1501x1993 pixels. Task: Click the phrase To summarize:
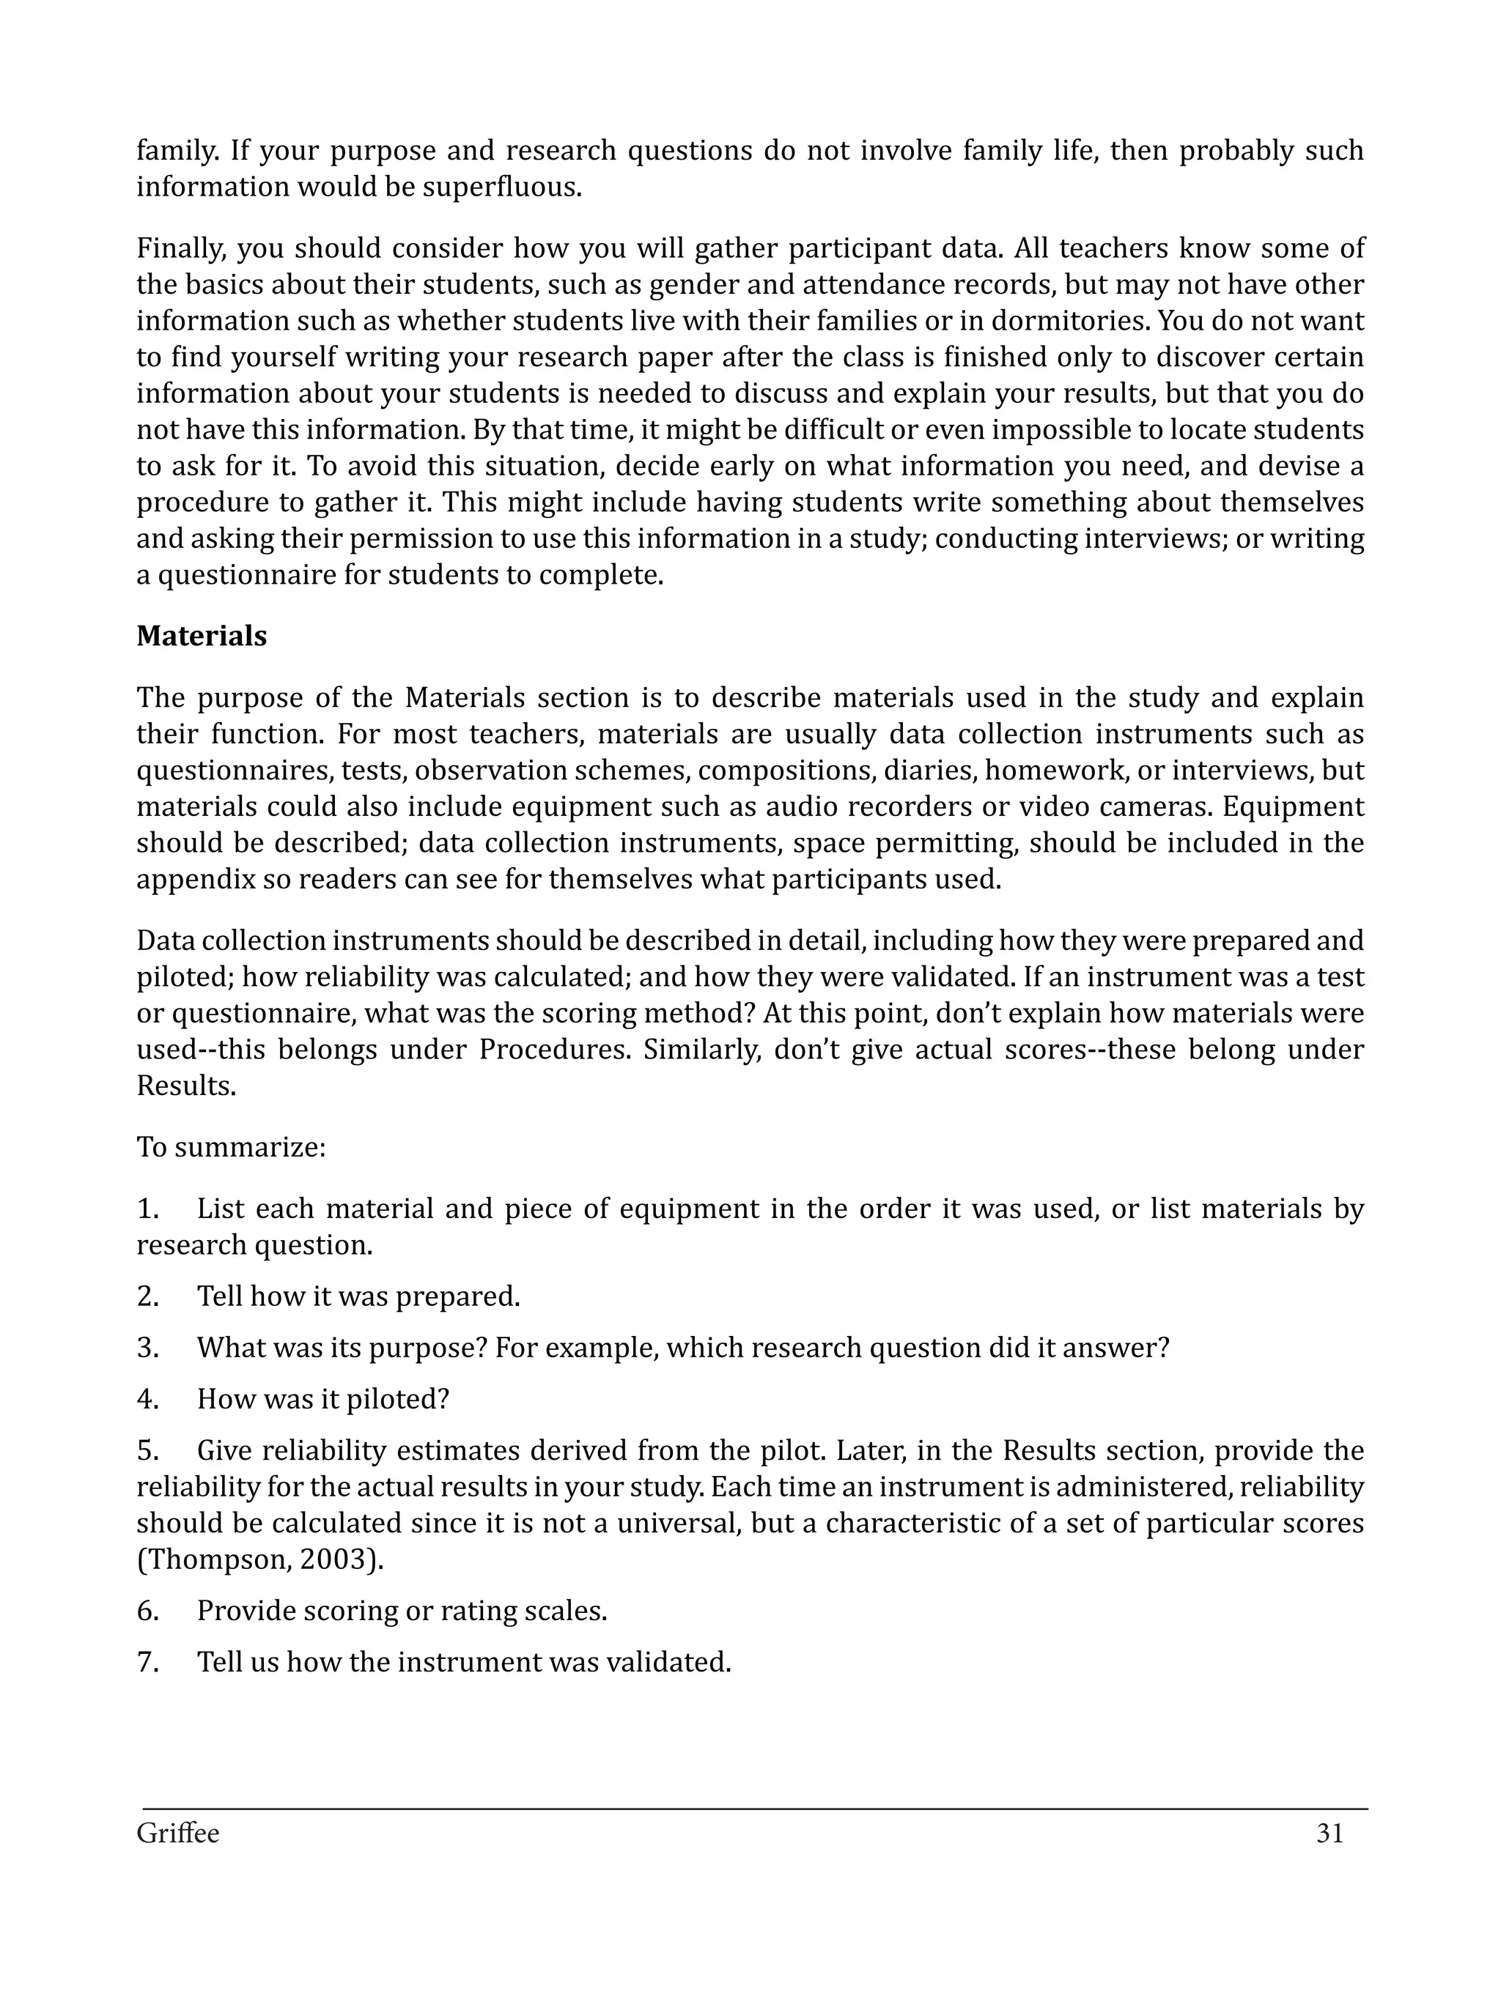pyautogui.click(x=231, y=1147)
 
